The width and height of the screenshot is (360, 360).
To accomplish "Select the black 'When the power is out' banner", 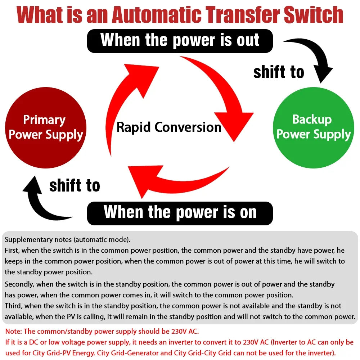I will click(180, 40).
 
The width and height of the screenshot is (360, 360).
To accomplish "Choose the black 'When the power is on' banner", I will click(180, 212).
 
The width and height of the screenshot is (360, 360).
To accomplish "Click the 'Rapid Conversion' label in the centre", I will click(169, 127).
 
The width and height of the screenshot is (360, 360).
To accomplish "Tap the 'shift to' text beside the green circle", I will click(279, 72).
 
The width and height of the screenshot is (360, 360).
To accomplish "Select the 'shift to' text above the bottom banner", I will click(75, 186).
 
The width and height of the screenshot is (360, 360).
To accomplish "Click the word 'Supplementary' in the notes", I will click(27, 239).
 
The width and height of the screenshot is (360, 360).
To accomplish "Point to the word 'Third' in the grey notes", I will click(13, 306).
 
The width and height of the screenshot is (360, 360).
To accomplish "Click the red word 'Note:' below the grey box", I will click(13, 331).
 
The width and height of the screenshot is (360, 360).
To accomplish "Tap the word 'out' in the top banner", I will click(248, 40).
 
